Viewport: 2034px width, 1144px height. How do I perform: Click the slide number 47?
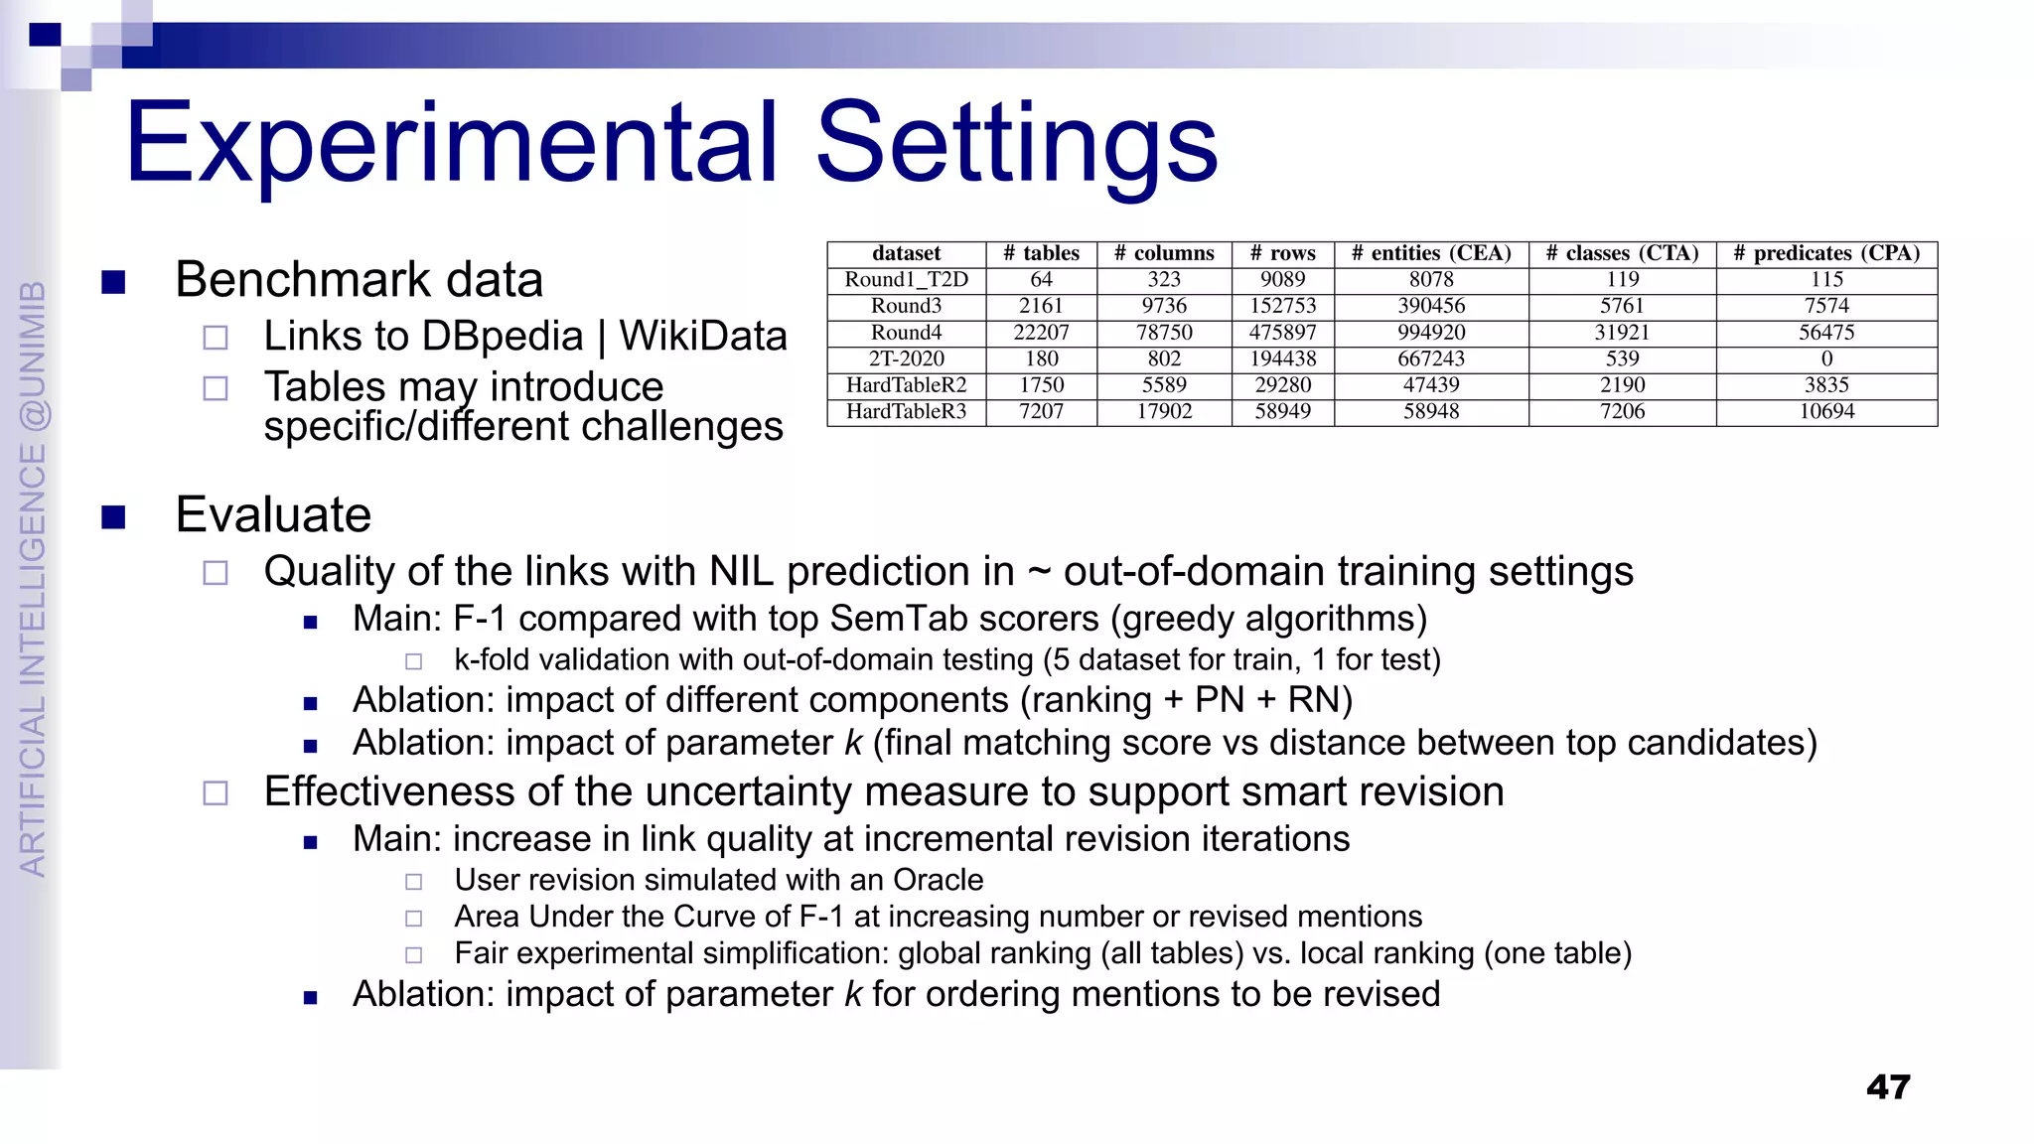[x=1888, y=1086]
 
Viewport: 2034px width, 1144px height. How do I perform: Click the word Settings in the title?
[x=1017, y=144]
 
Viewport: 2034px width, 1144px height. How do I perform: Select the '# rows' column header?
[x=1282, y=253]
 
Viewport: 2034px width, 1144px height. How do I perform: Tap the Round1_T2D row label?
[x=906, y=280]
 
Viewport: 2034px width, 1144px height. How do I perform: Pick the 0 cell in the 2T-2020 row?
[x=1826, y=358]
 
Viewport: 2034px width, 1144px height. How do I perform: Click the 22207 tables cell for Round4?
[x=1041, y=333]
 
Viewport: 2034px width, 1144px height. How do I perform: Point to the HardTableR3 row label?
[x=906, y=411]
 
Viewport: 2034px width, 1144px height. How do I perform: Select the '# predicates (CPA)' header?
[x=1826, y=253]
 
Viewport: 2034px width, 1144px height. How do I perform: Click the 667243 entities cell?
[x=1431, y=358]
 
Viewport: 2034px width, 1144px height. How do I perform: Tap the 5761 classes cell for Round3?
[x=1622, y=306]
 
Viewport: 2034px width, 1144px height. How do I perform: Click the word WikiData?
[x=703, y=336]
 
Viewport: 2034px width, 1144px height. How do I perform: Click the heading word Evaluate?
[x=273, y=514]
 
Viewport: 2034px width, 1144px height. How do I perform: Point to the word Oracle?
[x=938, y=880]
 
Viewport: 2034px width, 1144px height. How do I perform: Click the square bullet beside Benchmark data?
[x=113, y=282]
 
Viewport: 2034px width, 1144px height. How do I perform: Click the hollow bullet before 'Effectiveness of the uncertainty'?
[x=216, y=792]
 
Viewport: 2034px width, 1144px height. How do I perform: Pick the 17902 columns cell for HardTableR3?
[x=1164, y=411]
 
